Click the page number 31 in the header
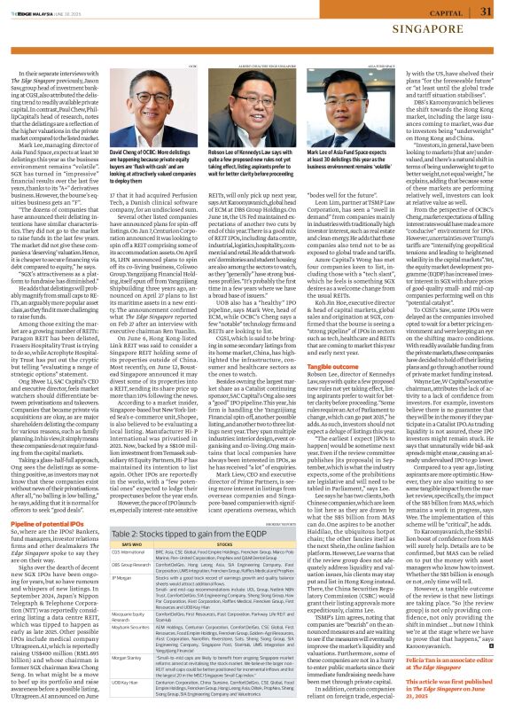[487, 12]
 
